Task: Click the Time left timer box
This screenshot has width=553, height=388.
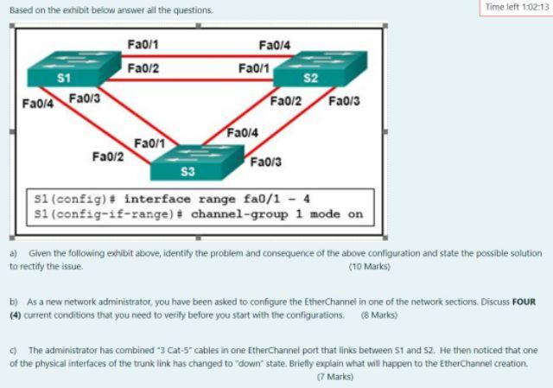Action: pos(518,7)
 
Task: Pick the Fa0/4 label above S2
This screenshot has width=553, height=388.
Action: pos(274,45)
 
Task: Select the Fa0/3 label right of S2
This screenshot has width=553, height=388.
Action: pos(344,101)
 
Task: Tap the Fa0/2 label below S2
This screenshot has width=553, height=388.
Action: pos(285,101)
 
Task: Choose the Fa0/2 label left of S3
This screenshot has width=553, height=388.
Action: pos(107,156)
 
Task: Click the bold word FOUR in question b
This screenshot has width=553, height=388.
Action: pos(524,302)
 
